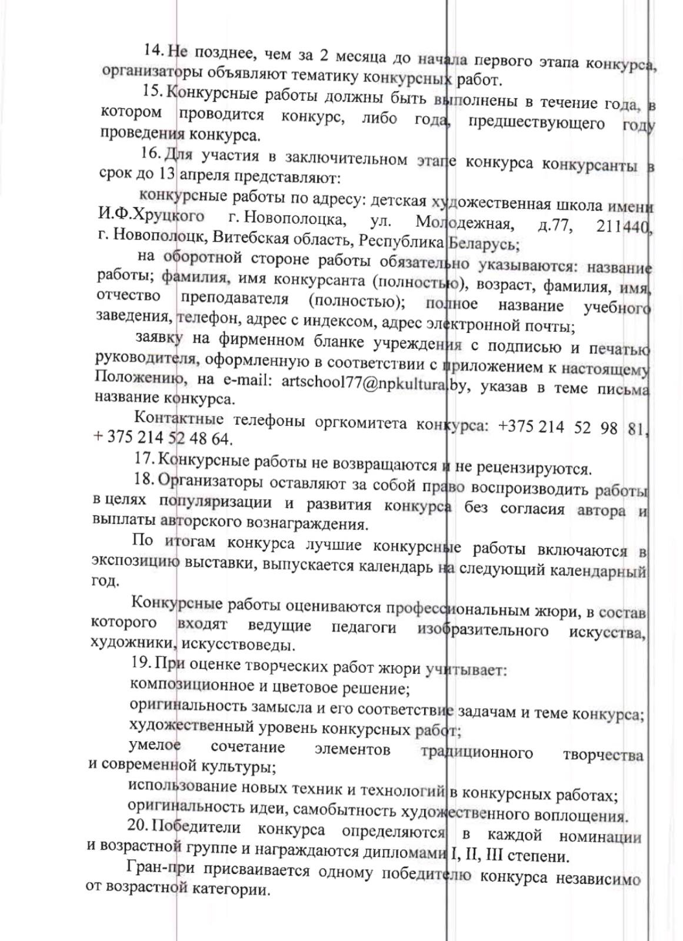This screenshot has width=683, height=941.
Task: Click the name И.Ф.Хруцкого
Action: click(151, 217)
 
